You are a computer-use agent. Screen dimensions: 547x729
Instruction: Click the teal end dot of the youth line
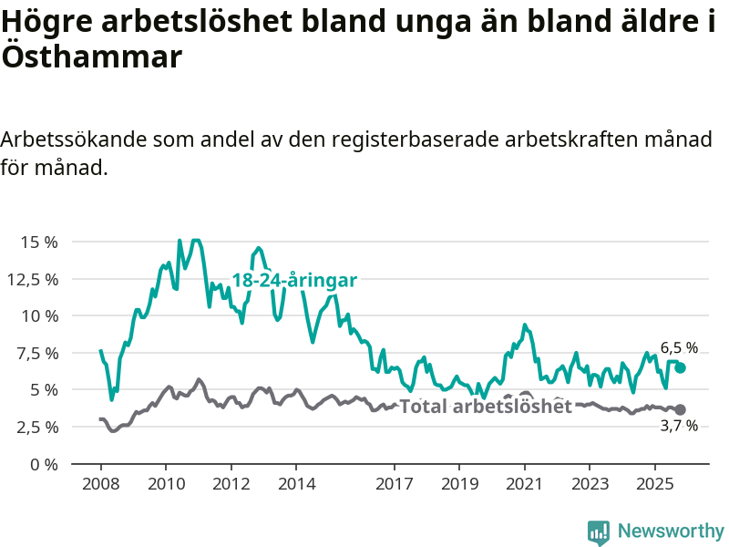coord(680,367)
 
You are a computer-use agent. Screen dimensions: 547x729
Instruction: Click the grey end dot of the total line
coord(680,409)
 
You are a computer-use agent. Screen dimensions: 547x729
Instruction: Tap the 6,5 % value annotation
coord(679,347)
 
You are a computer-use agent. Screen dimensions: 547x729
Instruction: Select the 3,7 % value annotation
coord(679,426)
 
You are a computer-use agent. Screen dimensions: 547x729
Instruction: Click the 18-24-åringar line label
coord(293,281)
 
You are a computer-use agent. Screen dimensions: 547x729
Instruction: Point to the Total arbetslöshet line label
coord(486,407)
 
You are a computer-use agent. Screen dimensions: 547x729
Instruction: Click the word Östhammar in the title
coord(91,57)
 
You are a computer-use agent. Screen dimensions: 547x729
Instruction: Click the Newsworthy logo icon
coord(599,532)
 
